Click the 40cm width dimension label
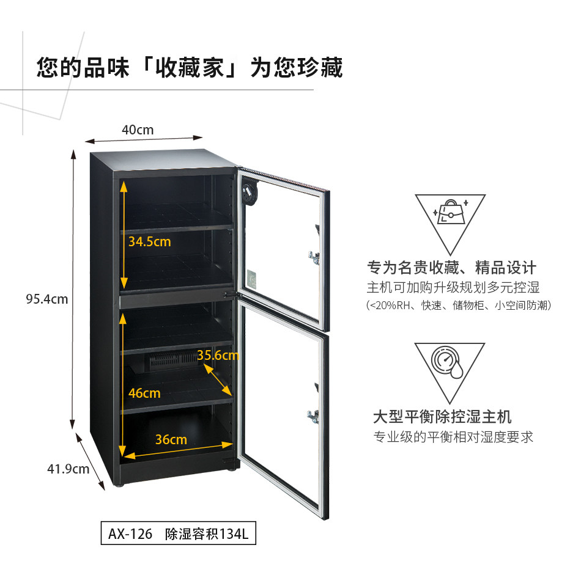[x=138, y=130]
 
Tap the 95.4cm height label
[x=47, y=299]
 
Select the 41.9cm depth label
[x=68, y=469]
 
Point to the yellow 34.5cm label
[x=150, y=242]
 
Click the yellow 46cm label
[x=144, y=393]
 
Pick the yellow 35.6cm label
[x=218, y=355]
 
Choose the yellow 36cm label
[x=171, y=439]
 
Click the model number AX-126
[x=130, y=533]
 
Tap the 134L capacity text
[x=234, y=533]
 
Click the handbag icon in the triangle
[x=451, y=212]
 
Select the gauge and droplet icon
[x=447, y=362]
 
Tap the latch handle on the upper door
[x=314, y=257]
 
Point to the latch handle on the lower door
[x=313, y=417]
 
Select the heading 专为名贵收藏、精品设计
[x=452, y=268]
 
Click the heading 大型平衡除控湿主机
[x=442, y=417]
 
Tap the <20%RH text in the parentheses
[x=390, y=305]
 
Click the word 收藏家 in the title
[x=190, y=68]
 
